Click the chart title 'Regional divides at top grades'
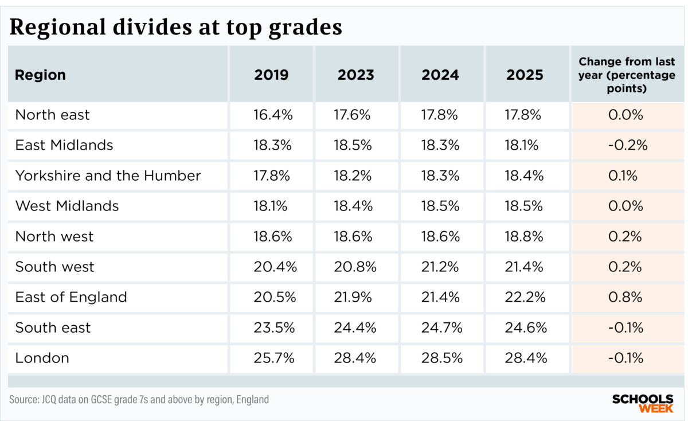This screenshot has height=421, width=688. (x=175, y=27)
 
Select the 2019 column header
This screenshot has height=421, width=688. (x=271, y=75)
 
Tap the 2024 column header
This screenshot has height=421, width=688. (x=440, y=75)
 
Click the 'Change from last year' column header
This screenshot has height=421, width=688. (x=627, y=75)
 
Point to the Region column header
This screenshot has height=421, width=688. (x=40, y=75)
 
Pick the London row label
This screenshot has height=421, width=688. (x=42, y=358)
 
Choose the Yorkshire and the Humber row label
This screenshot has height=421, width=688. (x=108, y=176)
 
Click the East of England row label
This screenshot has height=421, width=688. (x=71, y=297)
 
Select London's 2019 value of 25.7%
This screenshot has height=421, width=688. (x=273, y=358)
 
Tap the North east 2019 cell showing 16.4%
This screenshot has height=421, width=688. (x=273, y=115)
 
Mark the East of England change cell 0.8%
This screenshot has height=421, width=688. (x=627, y=297)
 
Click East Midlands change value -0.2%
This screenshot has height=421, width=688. (x=627, y=145)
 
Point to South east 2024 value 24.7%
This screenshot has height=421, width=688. (x=440, y=328)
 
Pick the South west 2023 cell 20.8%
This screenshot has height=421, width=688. (x=355, y=267)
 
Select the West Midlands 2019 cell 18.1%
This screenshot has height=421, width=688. (x=272, y=206)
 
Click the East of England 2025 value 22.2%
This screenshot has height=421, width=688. (x=525, y=297)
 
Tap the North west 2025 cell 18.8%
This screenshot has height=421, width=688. (x=525, y=236)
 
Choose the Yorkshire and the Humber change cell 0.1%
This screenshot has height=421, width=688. (x=627, y=176)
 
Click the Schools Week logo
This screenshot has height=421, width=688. (x=642, y=403)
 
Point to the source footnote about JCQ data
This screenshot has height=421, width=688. (x=139, y=399)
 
